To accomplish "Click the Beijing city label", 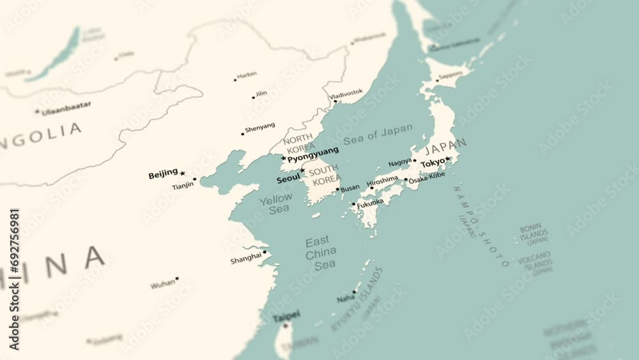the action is click(163, 174).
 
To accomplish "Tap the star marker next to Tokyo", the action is click(448, 159).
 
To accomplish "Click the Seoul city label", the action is click(288, 180).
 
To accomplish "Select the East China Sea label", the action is click(320, 253).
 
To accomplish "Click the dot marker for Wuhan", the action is click(177, 279).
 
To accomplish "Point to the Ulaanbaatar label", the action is click(66, 108).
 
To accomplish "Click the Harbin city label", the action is click(247, 75).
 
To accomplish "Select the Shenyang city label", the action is click(260, 127).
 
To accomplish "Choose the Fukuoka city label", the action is click(371, 203).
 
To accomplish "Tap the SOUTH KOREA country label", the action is click(325, 175).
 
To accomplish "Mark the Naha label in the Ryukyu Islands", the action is click(346, 298).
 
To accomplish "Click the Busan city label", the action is click(350, 189).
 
